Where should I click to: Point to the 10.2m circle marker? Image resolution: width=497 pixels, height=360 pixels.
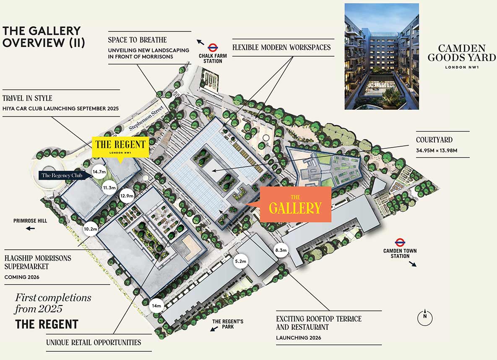coord(91,229)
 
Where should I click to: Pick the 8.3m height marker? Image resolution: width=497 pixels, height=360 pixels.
coord(281,250)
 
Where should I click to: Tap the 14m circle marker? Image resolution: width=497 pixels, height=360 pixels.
coord(156,306)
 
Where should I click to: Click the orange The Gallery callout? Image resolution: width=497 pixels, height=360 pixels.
coord(295,204)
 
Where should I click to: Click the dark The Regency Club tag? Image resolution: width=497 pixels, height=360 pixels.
coord(64,175)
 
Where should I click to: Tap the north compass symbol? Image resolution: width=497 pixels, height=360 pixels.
coord(425,318)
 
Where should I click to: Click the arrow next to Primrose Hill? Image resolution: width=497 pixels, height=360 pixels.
coord(30,228)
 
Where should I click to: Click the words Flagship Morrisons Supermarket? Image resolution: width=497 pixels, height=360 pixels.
coord(38,262)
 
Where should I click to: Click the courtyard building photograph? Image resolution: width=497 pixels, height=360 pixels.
coord(382,57)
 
